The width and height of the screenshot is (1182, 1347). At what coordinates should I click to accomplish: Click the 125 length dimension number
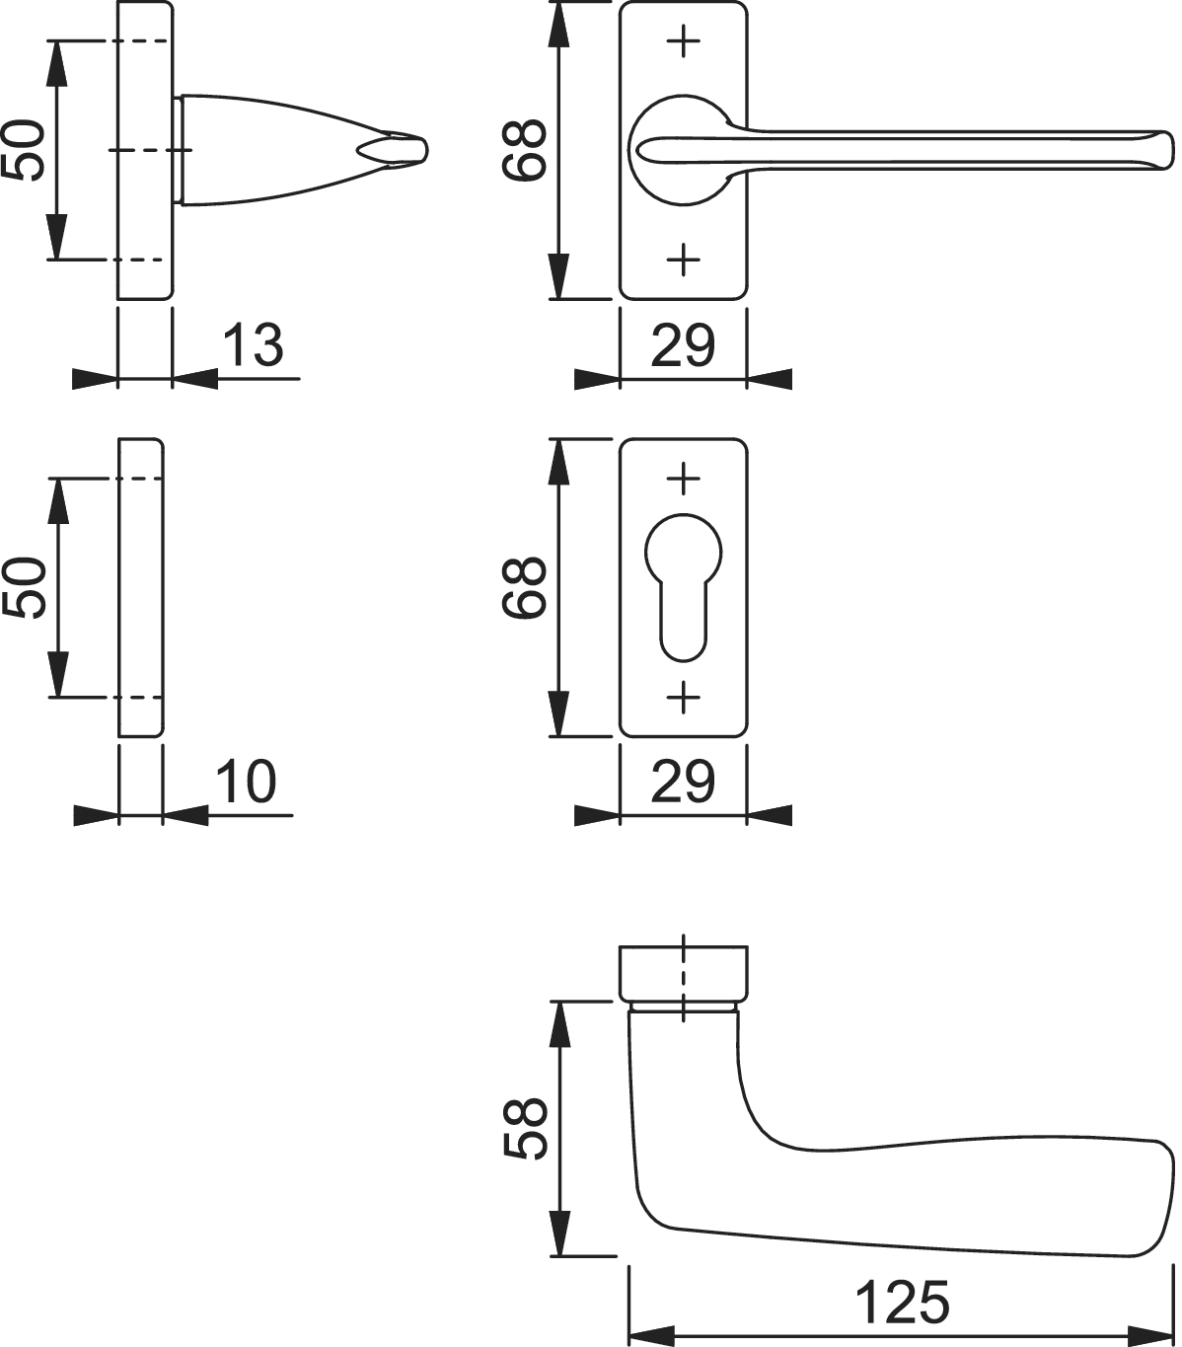(902, 1303)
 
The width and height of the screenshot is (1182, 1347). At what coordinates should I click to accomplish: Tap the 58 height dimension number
(525, 1128)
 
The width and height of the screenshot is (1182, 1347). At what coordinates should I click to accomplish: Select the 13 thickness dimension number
(253, 344)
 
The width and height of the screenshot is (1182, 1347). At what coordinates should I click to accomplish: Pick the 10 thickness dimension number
(246, 782)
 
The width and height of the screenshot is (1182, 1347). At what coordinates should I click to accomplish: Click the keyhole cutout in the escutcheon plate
(684, 588)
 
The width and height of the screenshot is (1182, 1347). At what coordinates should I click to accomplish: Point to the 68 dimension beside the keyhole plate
(525, 588)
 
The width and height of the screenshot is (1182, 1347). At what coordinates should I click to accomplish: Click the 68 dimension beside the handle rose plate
(525, 150)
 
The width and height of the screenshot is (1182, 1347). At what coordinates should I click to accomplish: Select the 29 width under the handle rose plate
(683, 344)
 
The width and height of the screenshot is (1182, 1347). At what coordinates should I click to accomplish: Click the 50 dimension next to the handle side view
(24, 150)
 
